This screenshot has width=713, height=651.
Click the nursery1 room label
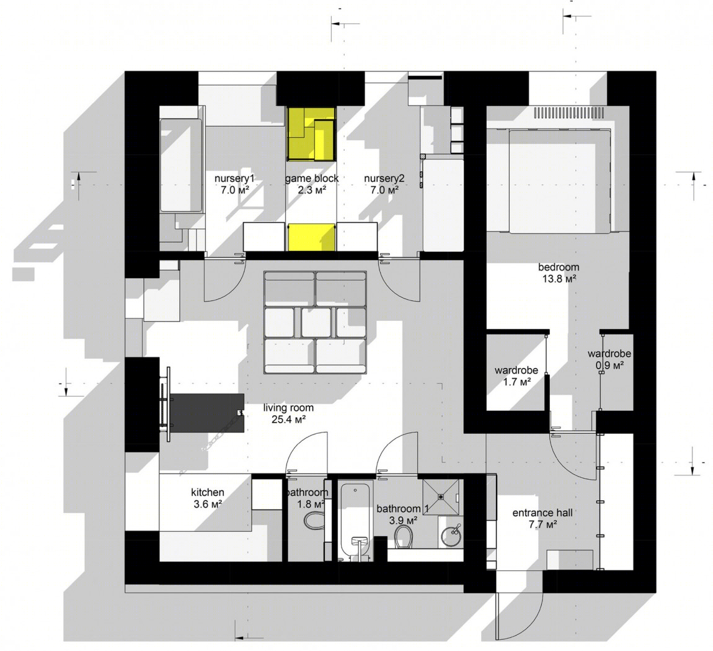[234, 179]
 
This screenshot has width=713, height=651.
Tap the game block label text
[312, 179]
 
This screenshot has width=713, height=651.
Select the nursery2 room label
[384, 179]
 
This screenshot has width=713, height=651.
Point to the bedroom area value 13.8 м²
[559, 279]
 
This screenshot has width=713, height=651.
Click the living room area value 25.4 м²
[288, 420]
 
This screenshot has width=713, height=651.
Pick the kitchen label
[207, 492]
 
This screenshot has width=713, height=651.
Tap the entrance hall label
[542, 513]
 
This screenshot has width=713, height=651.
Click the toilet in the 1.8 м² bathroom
[313, 520]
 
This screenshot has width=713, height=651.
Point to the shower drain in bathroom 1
[441, 497]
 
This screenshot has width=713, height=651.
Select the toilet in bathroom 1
[404, 537]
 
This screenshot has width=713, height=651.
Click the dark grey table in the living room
[207, 413]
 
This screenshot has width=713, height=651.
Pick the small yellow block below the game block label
[312, 237]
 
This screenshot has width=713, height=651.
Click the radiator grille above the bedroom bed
[569, 112]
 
